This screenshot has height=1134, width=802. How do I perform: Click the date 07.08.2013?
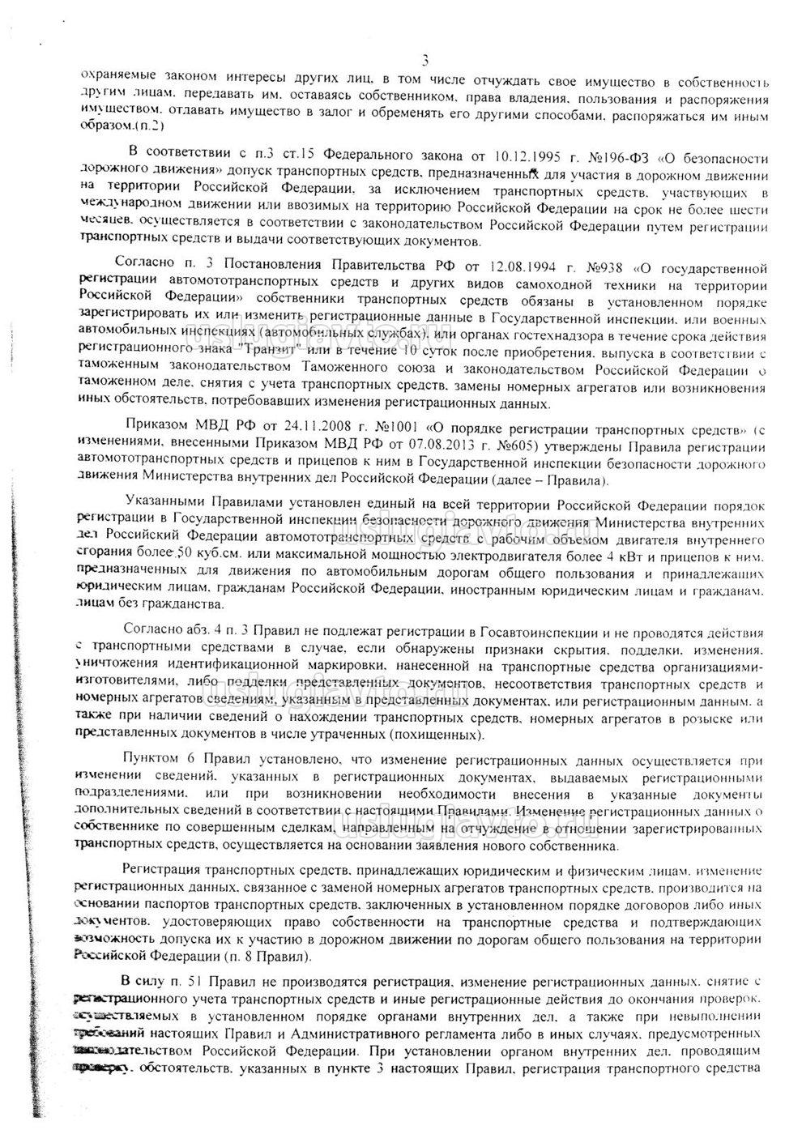coord(454,444)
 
